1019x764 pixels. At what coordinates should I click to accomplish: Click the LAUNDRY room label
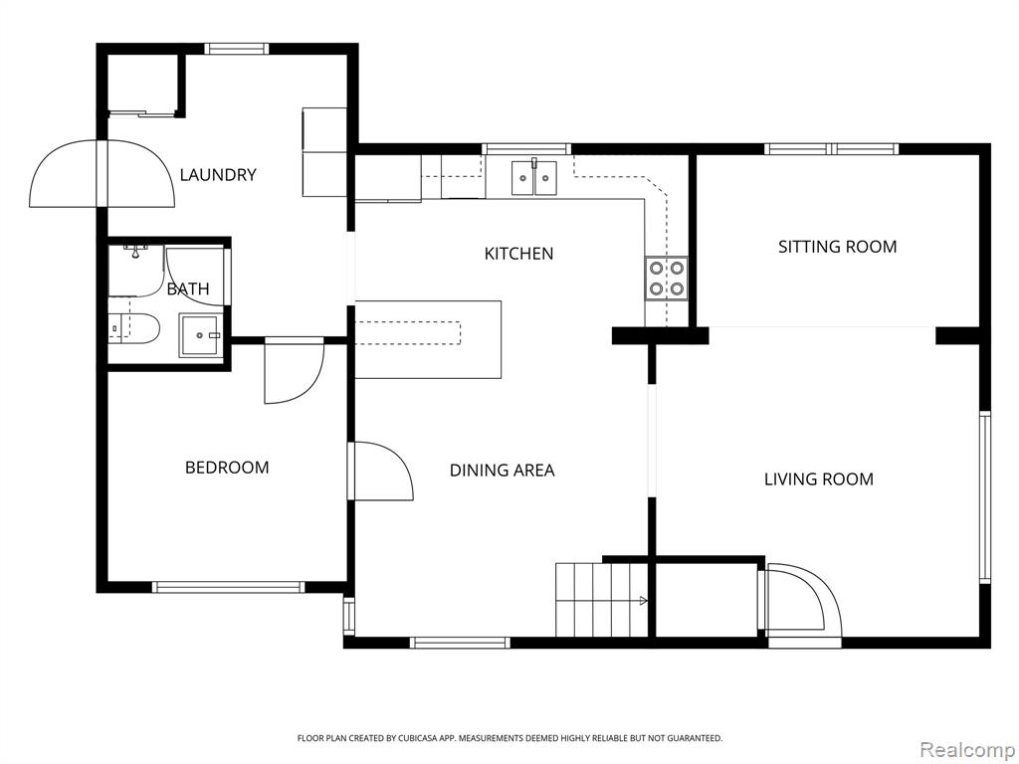click(218, 175)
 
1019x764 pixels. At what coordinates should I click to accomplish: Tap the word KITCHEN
click(518, 254)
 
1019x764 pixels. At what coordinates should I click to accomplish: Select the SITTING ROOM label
click(837, 247)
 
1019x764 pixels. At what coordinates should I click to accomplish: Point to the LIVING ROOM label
click(818, 479)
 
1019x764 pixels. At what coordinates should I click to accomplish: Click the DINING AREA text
click(502, 471)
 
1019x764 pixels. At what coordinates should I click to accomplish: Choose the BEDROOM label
click(227, 468)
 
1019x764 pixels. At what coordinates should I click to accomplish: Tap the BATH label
click(188, 289)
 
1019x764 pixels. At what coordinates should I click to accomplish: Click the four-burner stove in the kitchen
click(666, 279)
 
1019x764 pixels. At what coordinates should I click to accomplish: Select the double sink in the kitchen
click(533, 177)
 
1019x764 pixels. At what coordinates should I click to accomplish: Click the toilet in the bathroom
click(134, 328)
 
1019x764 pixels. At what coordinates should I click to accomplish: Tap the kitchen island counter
click(428, 339)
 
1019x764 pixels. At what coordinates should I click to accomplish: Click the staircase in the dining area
click(602, 600)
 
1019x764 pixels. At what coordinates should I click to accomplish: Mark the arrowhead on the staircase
click(644, 601)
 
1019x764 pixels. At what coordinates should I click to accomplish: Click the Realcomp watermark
click(966, 750)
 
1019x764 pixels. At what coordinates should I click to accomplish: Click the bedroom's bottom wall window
click(228, 587)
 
